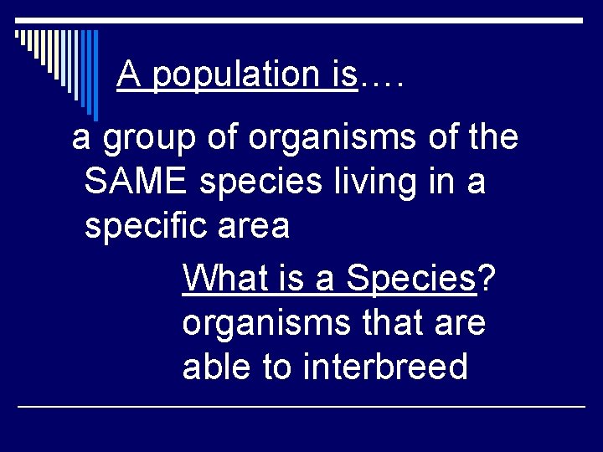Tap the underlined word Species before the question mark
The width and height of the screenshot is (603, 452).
[x=410, y=279]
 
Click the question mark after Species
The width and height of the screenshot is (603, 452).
[x=486, y=279]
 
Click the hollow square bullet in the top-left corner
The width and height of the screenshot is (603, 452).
[x=18, y=35]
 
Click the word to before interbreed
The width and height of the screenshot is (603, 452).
[x=277, y=366]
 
